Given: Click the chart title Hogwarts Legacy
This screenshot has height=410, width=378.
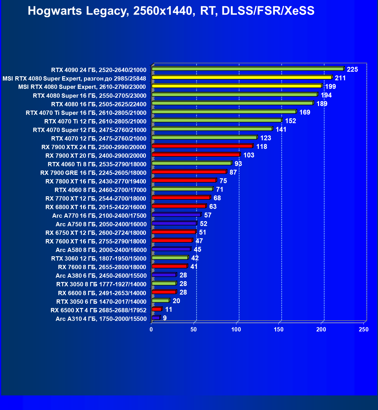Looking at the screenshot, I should tap(171, 11).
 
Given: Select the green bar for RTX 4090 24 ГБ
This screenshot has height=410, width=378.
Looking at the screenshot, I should tap(248, 69).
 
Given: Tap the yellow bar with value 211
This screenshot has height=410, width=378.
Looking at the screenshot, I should tap(242, 77).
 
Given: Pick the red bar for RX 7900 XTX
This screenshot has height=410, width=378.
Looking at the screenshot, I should tap(202, 146).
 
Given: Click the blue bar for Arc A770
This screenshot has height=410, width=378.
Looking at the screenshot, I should tap(176, 215).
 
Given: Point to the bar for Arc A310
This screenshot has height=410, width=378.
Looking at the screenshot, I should tap(156, 318).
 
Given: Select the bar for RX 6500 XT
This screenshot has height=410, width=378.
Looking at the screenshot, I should tap(157, 309).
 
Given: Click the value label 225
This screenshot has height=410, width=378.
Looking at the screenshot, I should tap(352, 69).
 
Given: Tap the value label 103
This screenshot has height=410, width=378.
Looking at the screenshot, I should tap(249, 155).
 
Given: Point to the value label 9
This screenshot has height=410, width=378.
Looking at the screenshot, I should tap(165, 318).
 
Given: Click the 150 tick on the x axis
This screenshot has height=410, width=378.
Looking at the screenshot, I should tap(279, 329).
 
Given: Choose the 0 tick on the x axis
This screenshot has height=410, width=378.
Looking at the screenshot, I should tap(151, 329).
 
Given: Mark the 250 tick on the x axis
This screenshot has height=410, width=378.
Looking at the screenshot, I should tap(364, 329).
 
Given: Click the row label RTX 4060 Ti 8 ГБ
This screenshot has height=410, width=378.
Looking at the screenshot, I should tap(97, 164).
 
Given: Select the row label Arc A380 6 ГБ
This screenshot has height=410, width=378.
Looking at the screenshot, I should tap(101, 276).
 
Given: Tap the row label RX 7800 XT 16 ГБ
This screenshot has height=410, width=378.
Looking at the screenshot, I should tap(96, 181).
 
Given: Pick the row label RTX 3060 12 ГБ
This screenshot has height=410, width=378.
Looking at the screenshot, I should tap(99, 259).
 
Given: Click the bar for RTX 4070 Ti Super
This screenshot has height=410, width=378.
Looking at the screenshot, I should tap(224, 112).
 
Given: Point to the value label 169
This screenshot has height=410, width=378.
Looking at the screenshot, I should tap(305, 112).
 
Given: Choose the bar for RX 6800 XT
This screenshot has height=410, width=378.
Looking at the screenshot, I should tap(179, 206).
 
